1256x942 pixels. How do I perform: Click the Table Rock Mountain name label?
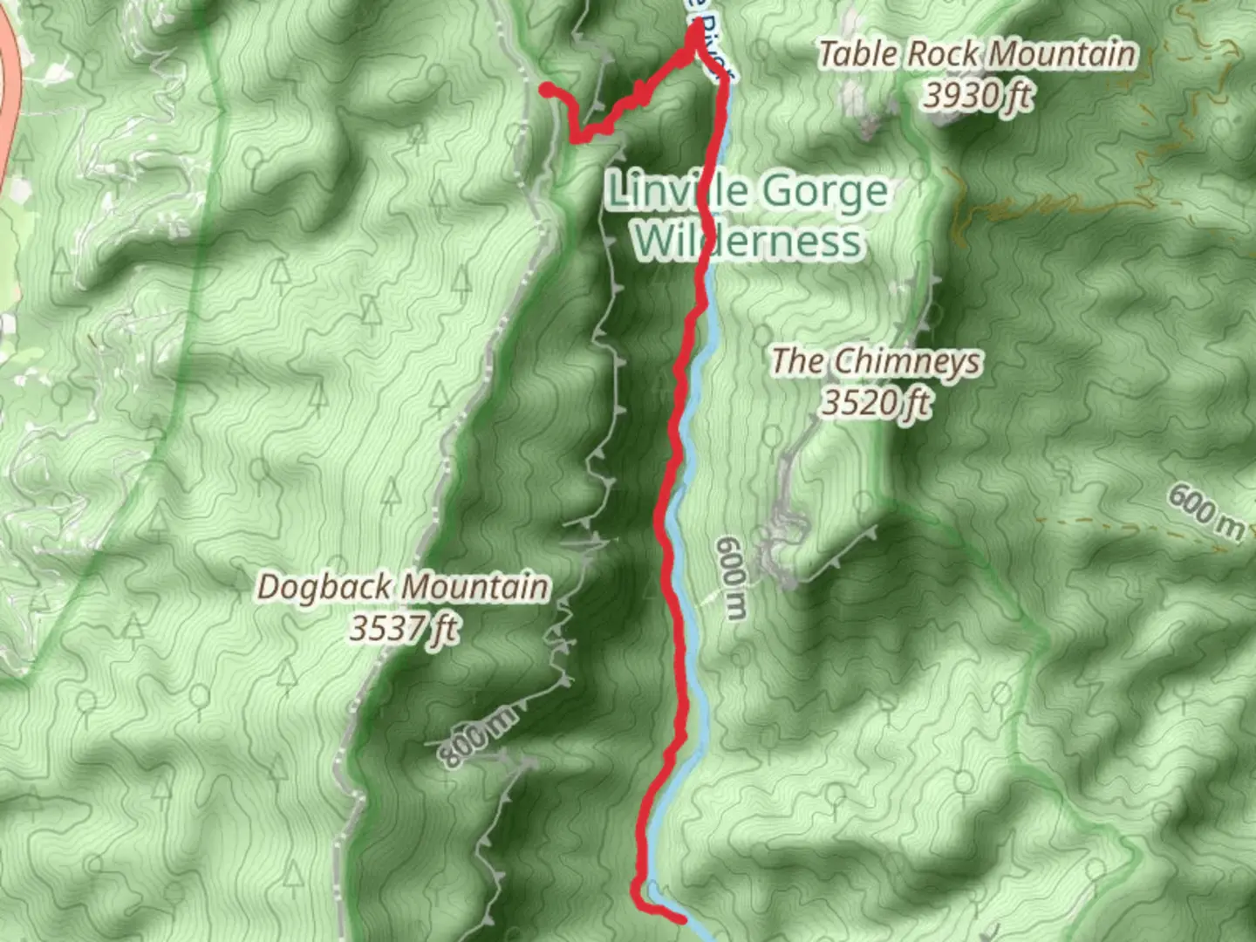(977, 54)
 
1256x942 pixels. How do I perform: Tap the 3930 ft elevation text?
(977, 95)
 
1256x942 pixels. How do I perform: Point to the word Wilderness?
(748, 241)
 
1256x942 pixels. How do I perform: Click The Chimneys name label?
(876, 361)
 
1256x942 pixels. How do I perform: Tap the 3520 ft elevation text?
(876, 402)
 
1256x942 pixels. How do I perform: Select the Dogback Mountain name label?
(403, 587)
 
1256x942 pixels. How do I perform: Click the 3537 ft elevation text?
(403, 627)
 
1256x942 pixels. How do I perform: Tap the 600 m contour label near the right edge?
(1206, 514)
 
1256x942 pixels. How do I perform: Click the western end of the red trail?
(545, 89)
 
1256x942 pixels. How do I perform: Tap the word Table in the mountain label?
(857, 55)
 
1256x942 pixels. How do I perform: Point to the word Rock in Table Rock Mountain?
(941, 55)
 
